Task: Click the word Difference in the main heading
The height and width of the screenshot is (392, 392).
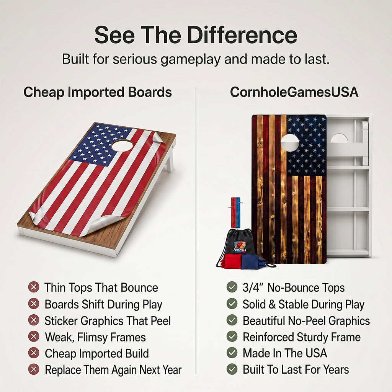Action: point(242,35)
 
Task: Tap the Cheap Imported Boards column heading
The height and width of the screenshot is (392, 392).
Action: point(98,92)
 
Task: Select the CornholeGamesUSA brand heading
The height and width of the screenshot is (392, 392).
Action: point(294,92)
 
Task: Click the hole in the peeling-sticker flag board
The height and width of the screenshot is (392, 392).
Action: point(122,145)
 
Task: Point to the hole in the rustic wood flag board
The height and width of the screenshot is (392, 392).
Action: point(290,142)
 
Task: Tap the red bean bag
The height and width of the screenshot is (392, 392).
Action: point(232,261)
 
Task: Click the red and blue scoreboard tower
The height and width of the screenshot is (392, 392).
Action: point(235,212)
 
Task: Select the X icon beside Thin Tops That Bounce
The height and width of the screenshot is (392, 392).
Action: point(34,287)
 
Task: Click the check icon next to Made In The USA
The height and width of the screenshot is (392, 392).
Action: point(232,353)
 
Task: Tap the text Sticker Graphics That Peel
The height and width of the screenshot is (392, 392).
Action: point(108,321)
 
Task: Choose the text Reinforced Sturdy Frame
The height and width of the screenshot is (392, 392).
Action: point(302,337)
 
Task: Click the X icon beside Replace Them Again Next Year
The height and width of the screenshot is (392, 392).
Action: point(34,369)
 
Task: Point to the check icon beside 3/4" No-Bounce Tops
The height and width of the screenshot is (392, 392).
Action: point(232,287)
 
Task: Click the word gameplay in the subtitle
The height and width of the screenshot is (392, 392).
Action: point(191,59)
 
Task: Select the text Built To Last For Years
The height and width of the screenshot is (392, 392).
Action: point(296,369)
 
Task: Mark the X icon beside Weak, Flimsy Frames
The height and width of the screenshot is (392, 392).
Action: point(34,336)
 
